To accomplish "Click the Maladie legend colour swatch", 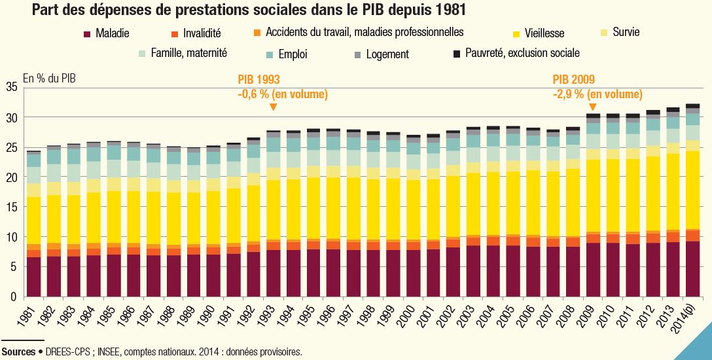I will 87,33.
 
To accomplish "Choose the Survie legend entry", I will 626,32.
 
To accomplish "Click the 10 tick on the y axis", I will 11,237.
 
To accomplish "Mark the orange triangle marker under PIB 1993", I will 273,107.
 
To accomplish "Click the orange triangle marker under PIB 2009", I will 592,107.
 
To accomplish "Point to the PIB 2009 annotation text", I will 573,79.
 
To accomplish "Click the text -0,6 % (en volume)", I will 282,94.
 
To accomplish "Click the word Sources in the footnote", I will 18,351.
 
